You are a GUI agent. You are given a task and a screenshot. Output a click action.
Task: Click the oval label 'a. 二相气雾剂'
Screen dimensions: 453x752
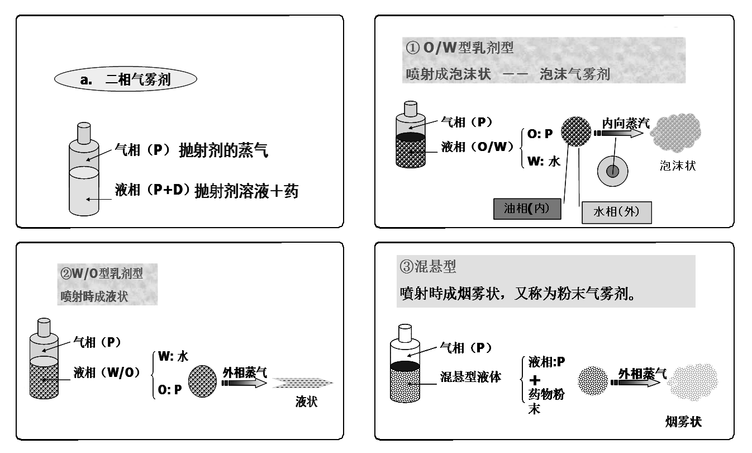pyautogui.click(x=126, y=80)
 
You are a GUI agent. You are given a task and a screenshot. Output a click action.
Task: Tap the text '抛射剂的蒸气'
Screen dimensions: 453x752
pyautogui.click(x=223, y=150)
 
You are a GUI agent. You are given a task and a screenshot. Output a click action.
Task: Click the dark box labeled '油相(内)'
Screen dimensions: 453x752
pyautogui.click(x=527, y=209)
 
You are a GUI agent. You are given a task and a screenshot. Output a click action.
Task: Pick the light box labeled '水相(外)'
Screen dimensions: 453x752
pyautogui.click(x=616, y=212)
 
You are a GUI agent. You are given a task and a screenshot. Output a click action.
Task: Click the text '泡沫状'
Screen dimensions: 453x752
pyautogui.click(x=678, y=166)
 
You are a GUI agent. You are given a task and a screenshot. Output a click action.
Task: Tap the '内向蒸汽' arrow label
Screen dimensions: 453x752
pyautogui.click(x=625, y=123)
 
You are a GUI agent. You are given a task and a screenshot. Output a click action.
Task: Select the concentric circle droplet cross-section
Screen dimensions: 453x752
pyautogui.click(x=613, y=171)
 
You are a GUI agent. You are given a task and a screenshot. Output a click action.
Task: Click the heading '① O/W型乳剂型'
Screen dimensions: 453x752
pyautogui.click(x=460, y=48)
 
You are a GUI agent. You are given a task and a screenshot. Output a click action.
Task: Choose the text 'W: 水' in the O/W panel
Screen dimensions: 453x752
pyautogui.click(x=544, y=162)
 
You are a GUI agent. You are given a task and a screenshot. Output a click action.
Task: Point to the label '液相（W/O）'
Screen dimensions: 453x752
pyautogui.click(x=106, y=372)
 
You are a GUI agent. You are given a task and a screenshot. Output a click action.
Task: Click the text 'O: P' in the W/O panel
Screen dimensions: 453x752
pyautogui.click(x=170, y=390)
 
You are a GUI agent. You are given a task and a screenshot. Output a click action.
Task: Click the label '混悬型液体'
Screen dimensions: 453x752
pyautogui.click(x=469, y=377)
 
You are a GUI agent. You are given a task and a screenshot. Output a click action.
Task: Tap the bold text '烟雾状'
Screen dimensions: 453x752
pyautogui.click(x=683, y=422)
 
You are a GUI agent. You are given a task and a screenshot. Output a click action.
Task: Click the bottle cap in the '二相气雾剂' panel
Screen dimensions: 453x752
pyautogui.click(x=83, y=133)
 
